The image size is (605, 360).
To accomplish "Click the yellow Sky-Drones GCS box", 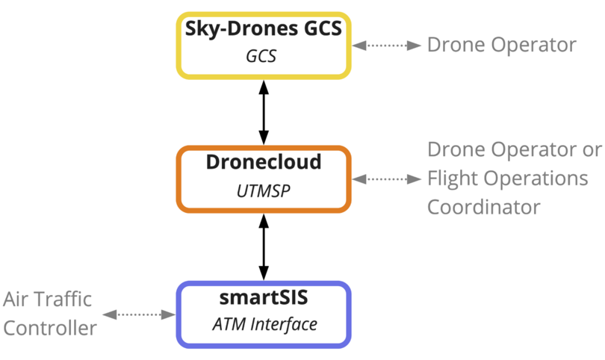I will [x=263, y=45].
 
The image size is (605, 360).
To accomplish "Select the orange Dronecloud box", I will [x=263, y=179].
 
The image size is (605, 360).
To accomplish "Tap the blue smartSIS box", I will [x=263, y=314].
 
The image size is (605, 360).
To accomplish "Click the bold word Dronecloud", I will [x=263, y=163].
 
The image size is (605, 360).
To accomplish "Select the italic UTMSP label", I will [x=263, y=192].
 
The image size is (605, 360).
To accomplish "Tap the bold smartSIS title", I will [x=263, y=298].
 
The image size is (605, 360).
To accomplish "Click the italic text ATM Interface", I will [x=263, y=326].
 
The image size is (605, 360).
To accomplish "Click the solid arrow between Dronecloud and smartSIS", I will [x=263, y=246].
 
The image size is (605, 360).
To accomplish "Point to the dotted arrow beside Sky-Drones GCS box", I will [x=387, y=45].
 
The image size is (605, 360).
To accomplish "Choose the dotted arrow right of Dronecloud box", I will [x=387, y=179].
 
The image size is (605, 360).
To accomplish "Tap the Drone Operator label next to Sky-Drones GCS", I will [x=501, y=45].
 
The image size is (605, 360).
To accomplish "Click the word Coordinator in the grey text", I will [x=483, y=207].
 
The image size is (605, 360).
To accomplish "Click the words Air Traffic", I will [x=47, y=300].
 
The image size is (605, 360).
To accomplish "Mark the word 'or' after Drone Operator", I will [x=592, y=150].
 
